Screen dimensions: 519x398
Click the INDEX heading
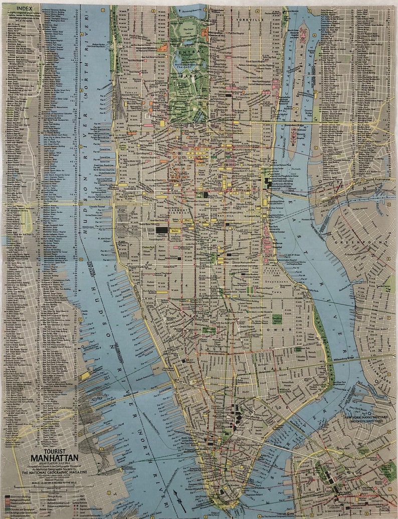pos(22,9)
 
